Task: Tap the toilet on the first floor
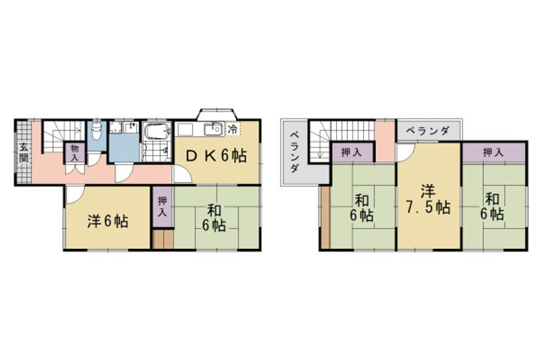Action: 95,134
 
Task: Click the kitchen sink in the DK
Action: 211,128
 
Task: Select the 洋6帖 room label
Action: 106,221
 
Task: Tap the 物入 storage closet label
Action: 75,153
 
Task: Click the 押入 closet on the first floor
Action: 163,206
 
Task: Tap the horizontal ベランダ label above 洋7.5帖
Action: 428,130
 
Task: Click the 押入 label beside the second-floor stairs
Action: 351,152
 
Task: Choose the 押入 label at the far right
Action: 493,152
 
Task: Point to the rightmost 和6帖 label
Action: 493,206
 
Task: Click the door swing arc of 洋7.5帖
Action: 405,152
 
